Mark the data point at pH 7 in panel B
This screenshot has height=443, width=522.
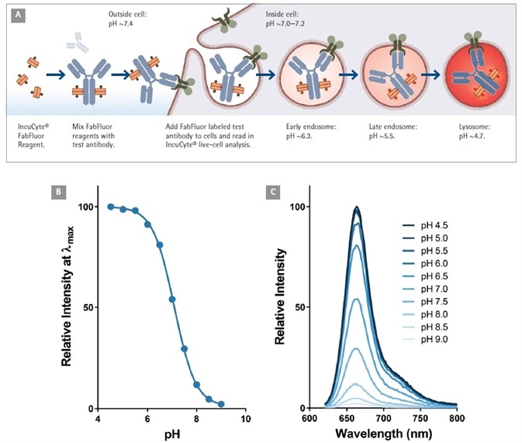[172, 299]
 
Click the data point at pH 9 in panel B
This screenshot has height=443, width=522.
[221, 404]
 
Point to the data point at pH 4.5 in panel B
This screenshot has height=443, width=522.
[111, 207]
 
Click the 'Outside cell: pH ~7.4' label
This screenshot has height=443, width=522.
[127, 19]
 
